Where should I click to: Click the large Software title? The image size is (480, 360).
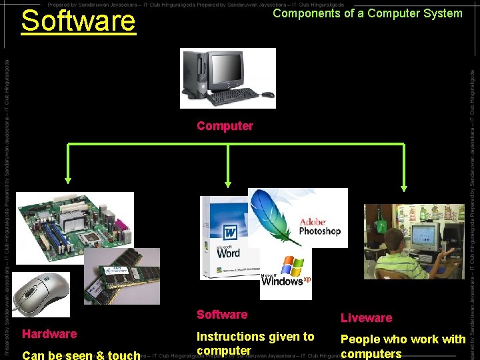[x=78, y=21]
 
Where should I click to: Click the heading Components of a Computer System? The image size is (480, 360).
[x=367, y=13]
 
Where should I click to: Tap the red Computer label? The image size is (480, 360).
[x=225, y=126]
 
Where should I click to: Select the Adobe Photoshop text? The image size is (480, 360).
[x=319, y=227]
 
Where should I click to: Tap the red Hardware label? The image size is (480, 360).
[x=49, y=333]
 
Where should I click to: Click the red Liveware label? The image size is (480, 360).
[x=366, y=318]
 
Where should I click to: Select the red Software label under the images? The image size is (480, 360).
[x=222, y=315]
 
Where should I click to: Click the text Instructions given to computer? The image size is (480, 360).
[x=255, y=343]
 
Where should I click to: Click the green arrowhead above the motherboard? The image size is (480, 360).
[x=68, y=178]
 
